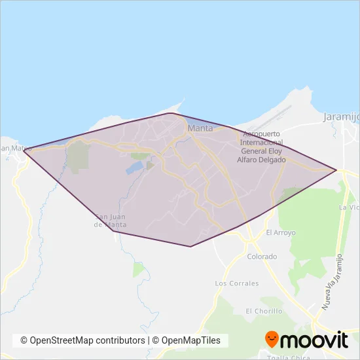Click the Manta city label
click(200, 128)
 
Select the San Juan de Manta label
click(111, 221)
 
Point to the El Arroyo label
click(281, 232)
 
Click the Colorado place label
click(262, 257)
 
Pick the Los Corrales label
click(237, 283)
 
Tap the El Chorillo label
click(263, 311)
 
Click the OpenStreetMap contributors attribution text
click(83, 340)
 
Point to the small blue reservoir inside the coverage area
click(135, 168)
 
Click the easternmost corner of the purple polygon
click(336, 170)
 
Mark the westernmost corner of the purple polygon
click(24, 152)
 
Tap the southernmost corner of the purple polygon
click(190, 246)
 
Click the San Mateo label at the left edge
click(14, 149)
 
